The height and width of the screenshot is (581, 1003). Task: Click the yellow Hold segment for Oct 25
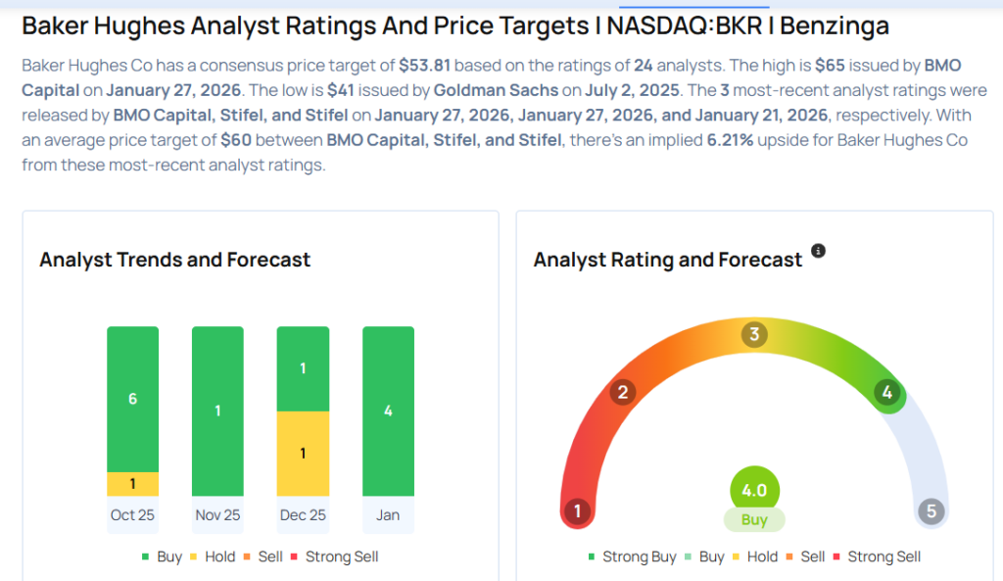coord(132,484)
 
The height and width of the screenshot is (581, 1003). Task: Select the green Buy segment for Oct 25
coord(132,399)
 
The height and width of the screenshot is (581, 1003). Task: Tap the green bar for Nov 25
coord(217,411)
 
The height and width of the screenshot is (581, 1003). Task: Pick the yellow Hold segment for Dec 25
coord(303,453)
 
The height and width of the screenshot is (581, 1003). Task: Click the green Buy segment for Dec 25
coord(303,368)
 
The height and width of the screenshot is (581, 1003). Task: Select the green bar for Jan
coord(388,411)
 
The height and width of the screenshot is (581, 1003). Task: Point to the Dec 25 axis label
coord(303,515)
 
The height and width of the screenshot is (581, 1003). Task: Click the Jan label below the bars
coord(388,515)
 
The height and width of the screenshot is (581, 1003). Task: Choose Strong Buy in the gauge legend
coord(632,557)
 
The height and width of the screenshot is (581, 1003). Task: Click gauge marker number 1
coord(578,511)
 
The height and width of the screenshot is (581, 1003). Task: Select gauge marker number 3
coord(753,335)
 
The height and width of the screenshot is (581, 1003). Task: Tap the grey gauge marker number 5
coord(931,511)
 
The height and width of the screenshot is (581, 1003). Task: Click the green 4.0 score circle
coord(754,490)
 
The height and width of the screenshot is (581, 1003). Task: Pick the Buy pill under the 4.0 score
coord(754,520)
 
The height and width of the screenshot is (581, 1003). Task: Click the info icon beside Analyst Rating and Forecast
coord(819,251)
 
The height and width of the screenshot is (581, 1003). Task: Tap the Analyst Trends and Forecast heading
coord(174,260)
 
